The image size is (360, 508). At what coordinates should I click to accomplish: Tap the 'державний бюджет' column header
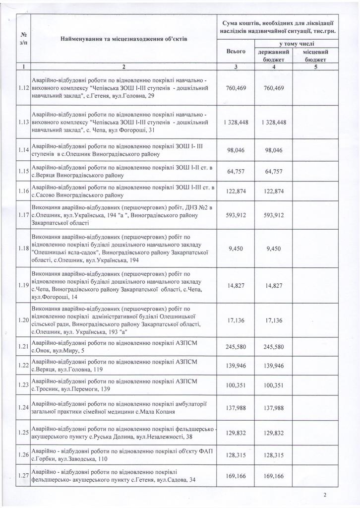click(x=273, y=55)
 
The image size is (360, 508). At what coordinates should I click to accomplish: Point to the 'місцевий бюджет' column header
click(x=313, y=55)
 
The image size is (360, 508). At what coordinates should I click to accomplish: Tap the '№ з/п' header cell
click(x=23, y=38)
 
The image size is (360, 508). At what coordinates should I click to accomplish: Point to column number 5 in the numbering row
click(x=313, y=66)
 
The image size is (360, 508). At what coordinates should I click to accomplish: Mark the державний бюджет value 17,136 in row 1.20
click(x=273, y=320)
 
